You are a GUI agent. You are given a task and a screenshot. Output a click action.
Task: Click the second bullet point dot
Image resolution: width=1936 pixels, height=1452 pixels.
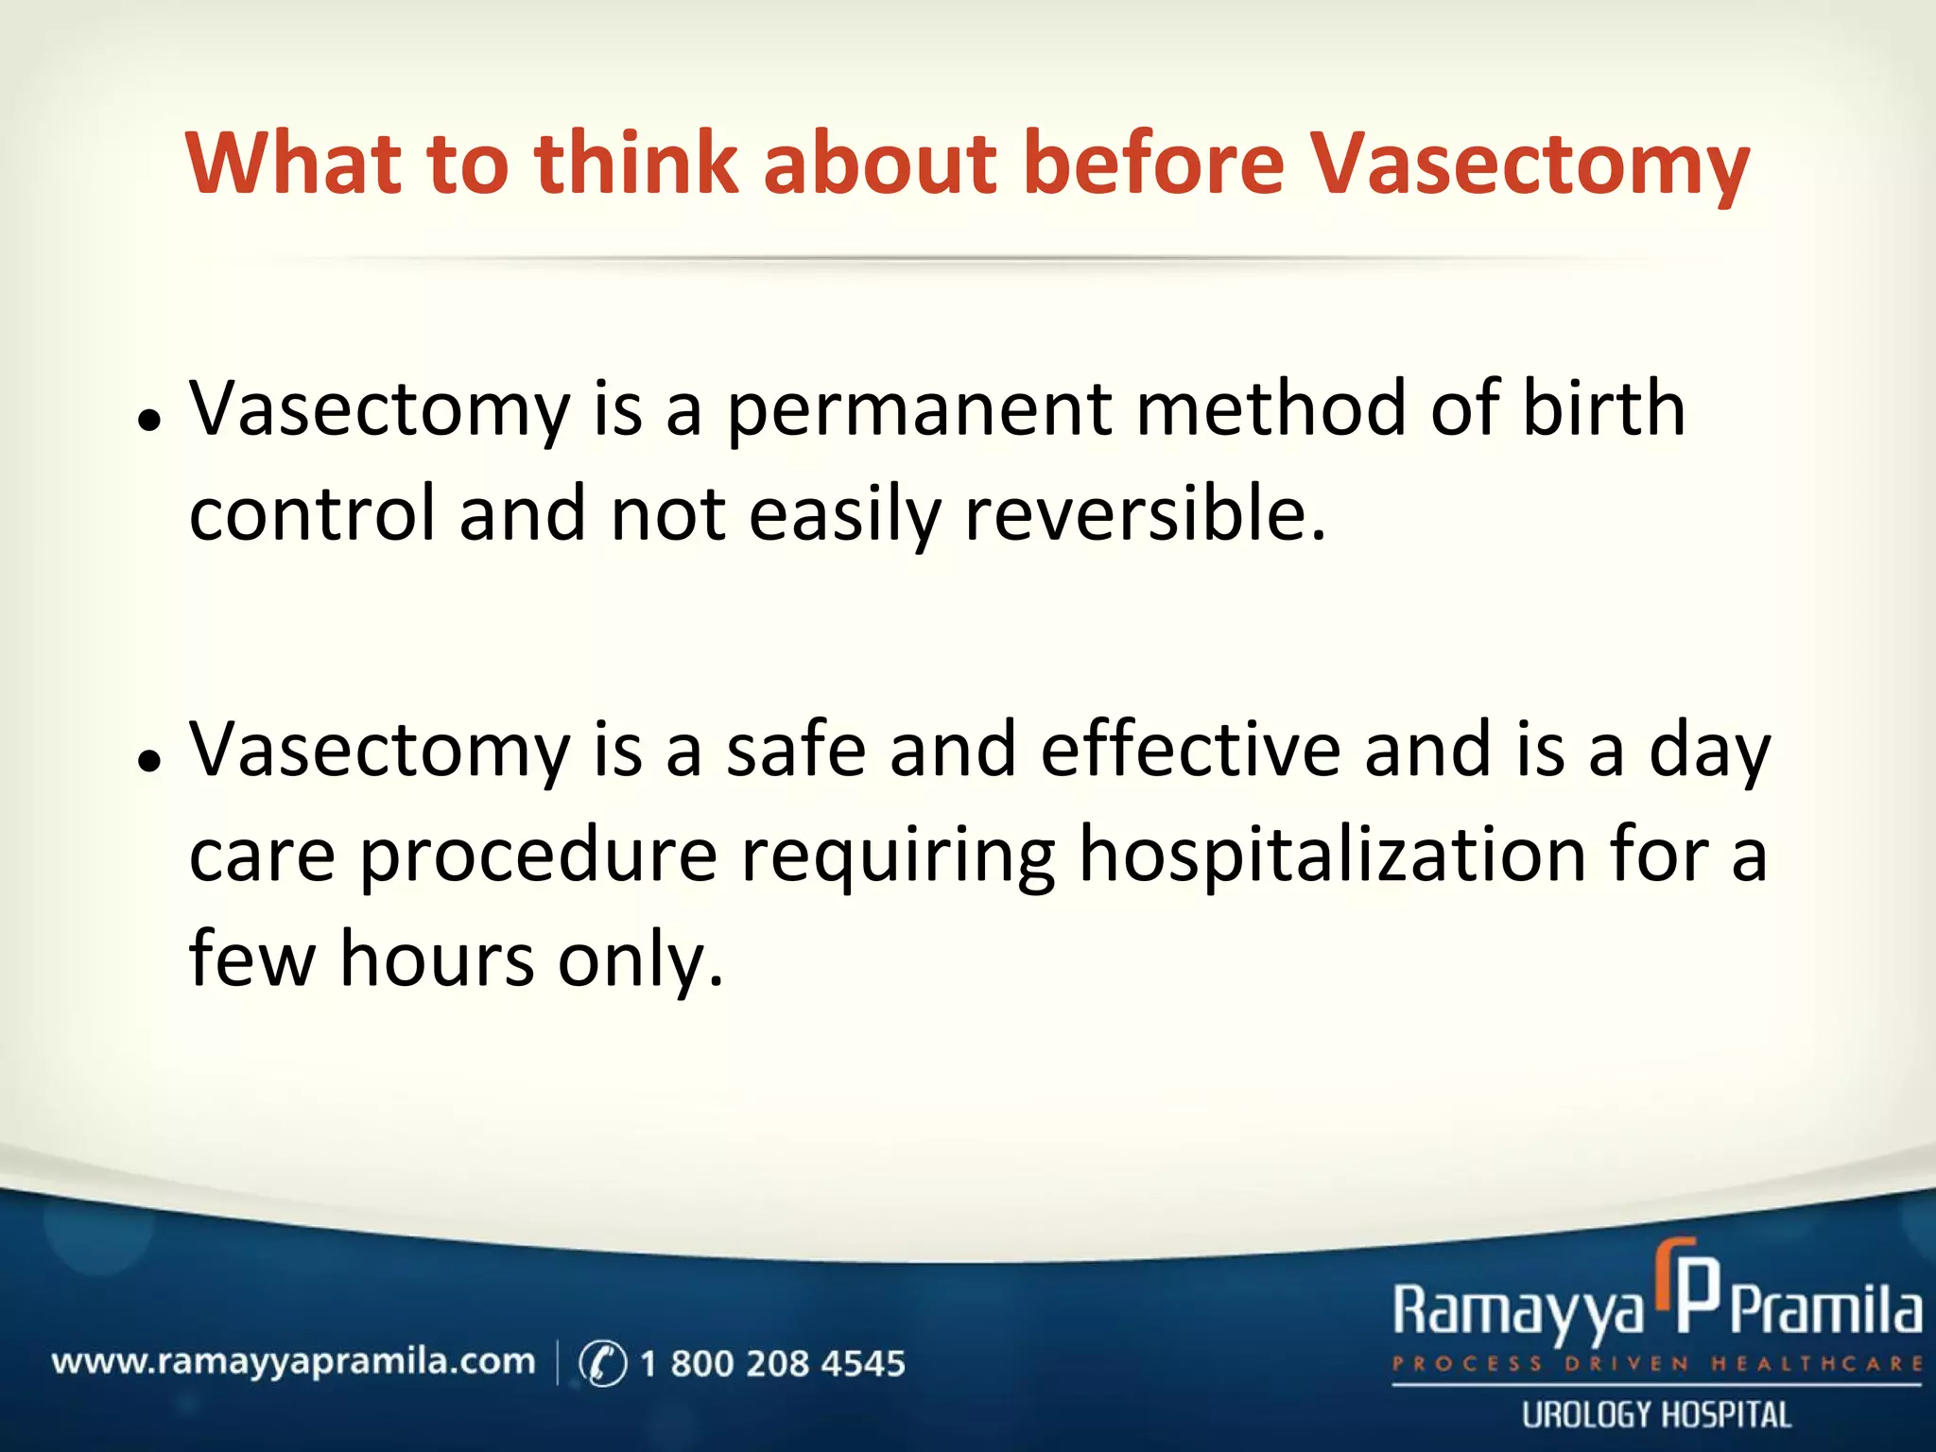click(148, 762)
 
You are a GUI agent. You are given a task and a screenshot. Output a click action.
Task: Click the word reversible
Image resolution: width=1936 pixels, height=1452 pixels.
click(1144, 513)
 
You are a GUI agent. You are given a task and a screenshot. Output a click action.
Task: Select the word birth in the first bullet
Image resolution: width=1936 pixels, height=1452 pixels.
click(1603, 408)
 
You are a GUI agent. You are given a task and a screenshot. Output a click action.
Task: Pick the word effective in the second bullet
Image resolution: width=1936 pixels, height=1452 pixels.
click(1190, 750)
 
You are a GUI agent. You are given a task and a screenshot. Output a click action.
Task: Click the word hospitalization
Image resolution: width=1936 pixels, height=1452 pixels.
click(1332, 856)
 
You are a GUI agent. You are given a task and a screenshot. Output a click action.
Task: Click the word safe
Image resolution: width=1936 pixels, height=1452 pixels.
click(795, 750)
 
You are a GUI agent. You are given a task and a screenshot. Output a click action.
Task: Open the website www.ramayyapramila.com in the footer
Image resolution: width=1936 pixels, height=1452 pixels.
click(293, 1362)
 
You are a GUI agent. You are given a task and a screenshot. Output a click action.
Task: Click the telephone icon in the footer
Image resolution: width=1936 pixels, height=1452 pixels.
click(602, 1363)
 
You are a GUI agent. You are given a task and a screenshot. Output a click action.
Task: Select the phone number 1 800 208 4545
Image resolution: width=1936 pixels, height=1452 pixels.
click(772, 1363)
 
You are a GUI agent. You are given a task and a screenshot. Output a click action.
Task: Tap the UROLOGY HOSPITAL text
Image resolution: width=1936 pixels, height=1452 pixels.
click(1656, 1415)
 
